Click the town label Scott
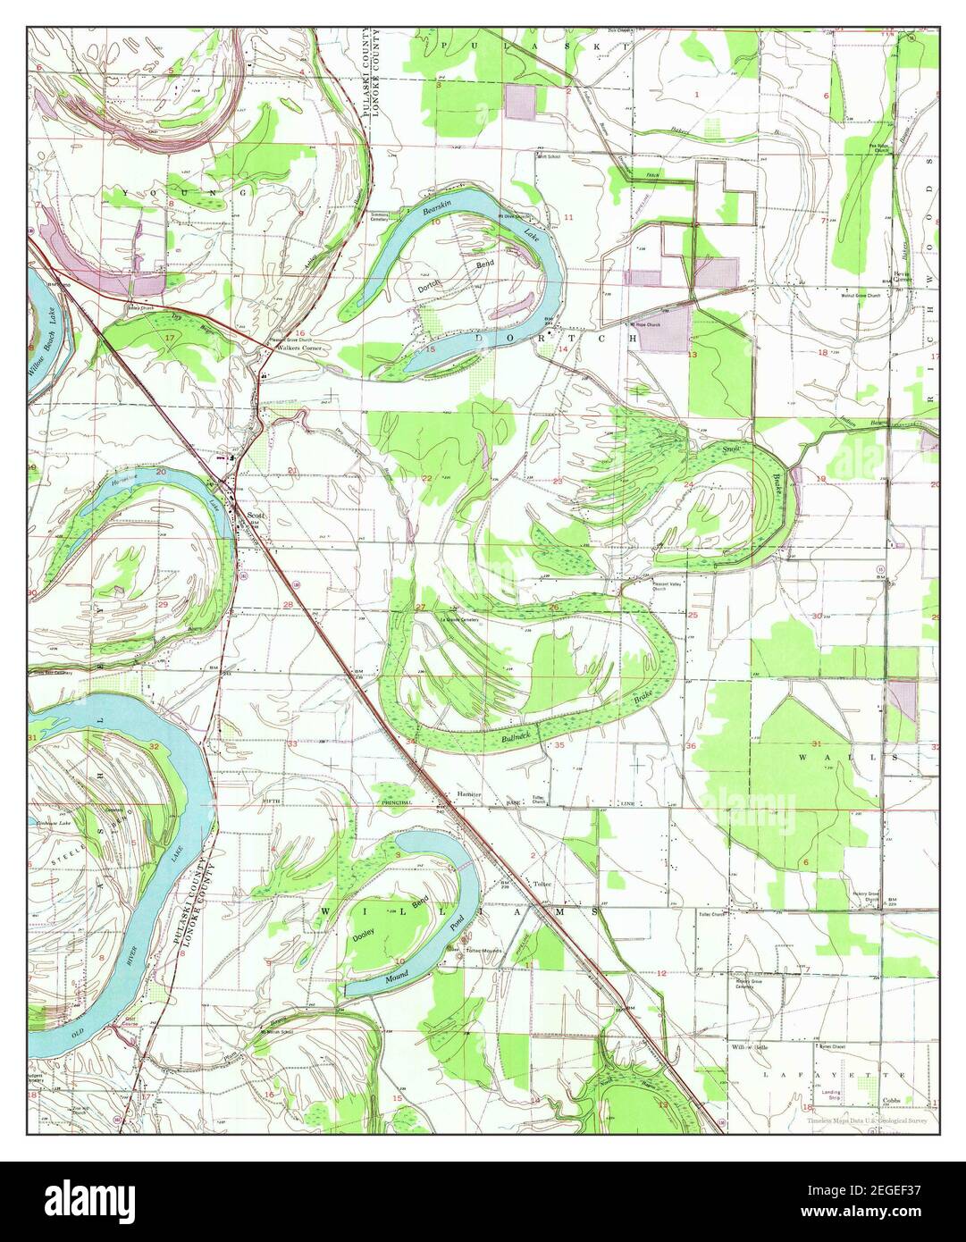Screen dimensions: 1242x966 [257, 516]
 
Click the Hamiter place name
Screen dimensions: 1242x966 [469, 794]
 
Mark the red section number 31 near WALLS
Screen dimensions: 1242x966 [816, 743]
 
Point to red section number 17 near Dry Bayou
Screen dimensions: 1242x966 [169, 338]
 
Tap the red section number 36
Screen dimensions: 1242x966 [691, 745]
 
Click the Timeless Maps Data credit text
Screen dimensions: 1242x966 [865, 1120]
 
